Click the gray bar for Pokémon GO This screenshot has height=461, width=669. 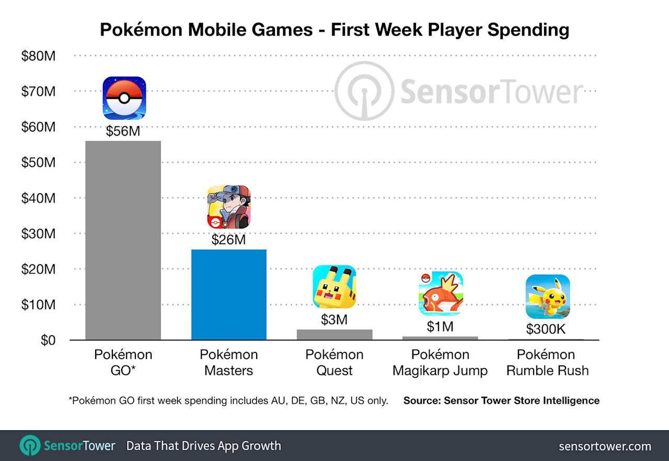[123, 240]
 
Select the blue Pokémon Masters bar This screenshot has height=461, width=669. [229, 294]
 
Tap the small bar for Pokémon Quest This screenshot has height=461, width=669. [334, 335]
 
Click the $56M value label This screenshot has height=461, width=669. [123, 131]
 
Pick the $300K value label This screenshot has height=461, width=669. [546, 329]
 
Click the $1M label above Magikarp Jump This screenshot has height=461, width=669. [440, 327]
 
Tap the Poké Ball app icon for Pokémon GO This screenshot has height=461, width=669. [124, 98]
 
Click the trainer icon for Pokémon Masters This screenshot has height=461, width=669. [229, 207]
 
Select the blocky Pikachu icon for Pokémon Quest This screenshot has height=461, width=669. [334, 287]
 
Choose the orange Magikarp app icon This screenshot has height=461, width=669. [440, 293]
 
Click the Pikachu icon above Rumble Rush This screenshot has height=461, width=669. [547, 296]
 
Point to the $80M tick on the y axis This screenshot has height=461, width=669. [38, 56]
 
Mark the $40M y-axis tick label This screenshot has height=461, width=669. [38, 198]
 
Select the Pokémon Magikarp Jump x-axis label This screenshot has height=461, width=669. [440, 363]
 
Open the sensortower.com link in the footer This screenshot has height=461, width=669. [605, 446]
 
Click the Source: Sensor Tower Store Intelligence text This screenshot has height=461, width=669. [501, 401]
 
